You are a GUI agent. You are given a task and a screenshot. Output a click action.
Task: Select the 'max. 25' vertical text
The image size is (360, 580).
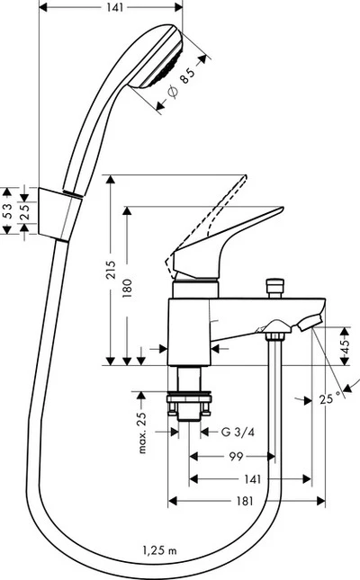142,430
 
